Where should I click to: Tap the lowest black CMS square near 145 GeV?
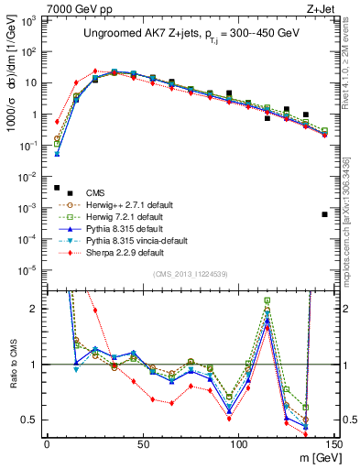tap(325, 214)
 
